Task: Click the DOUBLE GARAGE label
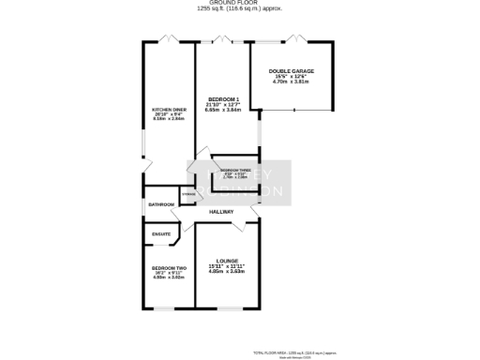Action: pos(291,71)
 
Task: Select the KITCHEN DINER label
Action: pos(170,110)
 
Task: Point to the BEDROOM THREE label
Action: pos(234,170)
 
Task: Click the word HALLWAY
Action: pos(221,212)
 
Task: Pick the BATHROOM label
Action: pos(161,204)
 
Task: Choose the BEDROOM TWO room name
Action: pos(169,269)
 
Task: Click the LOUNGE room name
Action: pos(227,261)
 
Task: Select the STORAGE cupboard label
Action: pos(188,194)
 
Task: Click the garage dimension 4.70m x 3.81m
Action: pos(291,82)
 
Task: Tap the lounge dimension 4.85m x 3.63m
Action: pos(227,272)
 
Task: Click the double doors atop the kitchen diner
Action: pos(169,38)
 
